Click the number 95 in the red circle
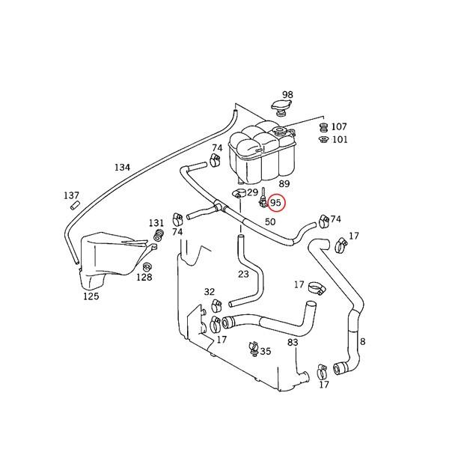coord(275,203)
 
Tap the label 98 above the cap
coord(287,94)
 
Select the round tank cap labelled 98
coord(281,108)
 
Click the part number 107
coord(339,126)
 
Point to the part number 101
coord(340,140)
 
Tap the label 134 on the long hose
coord(122,167)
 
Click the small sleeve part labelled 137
coord(75,205)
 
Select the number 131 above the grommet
coord(156,222)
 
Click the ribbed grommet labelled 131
coord(159,235)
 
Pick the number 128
coord(144,277)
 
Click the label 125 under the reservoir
coord(91,296)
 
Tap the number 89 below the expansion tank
coord(284,184)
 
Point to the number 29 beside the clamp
coord(253,192)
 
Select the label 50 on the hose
coord(270,222)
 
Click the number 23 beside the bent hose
coord(243,275)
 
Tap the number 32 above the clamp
coord(210,292)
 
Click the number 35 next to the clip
coord(266,351)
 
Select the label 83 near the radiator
coord(293,342)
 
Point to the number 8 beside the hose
coord(362,342)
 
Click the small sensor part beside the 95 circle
coord(263,198)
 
